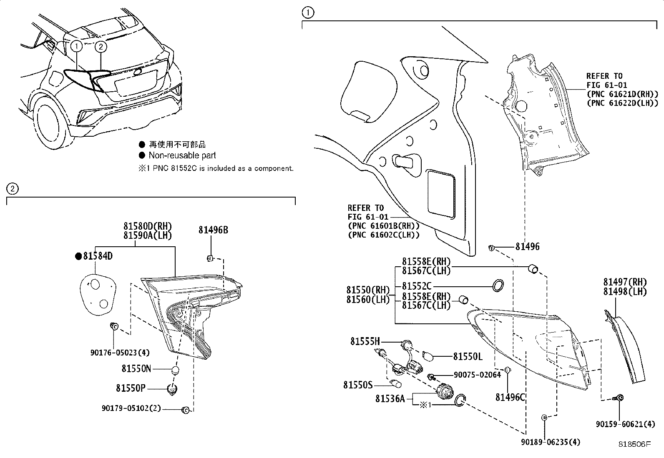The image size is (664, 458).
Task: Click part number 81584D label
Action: click(x=98, y=256)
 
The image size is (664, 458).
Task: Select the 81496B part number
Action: click(x=213, y=230)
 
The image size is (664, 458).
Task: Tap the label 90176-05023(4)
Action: click(x=120, y=353)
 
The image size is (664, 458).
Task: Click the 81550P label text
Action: click(x=131, y=388)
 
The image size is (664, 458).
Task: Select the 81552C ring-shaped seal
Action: click(x=498, y=286)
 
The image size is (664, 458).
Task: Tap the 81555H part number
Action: click(x=365, y=342)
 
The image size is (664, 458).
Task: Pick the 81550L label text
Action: click(x=468, y=357)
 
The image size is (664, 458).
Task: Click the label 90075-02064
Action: click(x=477, y=375)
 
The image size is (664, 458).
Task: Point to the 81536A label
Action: click(x=390, y=399)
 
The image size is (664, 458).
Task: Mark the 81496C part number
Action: click(x=510, y=398)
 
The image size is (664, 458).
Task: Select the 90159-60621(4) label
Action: click(x=625, y=424)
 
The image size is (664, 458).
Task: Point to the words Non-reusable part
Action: click(x=182, y=155)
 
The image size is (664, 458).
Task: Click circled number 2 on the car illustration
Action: click(x=101, y=46)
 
